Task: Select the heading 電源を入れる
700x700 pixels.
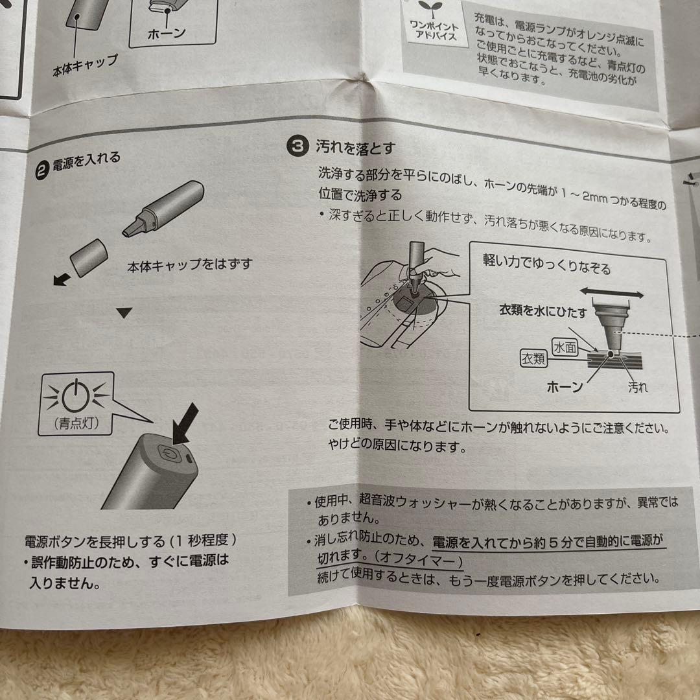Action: (x=86, y=161)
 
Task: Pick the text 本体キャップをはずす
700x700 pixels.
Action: (x=189, y=264)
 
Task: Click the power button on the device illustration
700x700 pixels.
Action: (x=169, y=453)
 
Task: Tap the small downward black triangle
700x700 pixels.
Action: (x=124, y=313)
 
